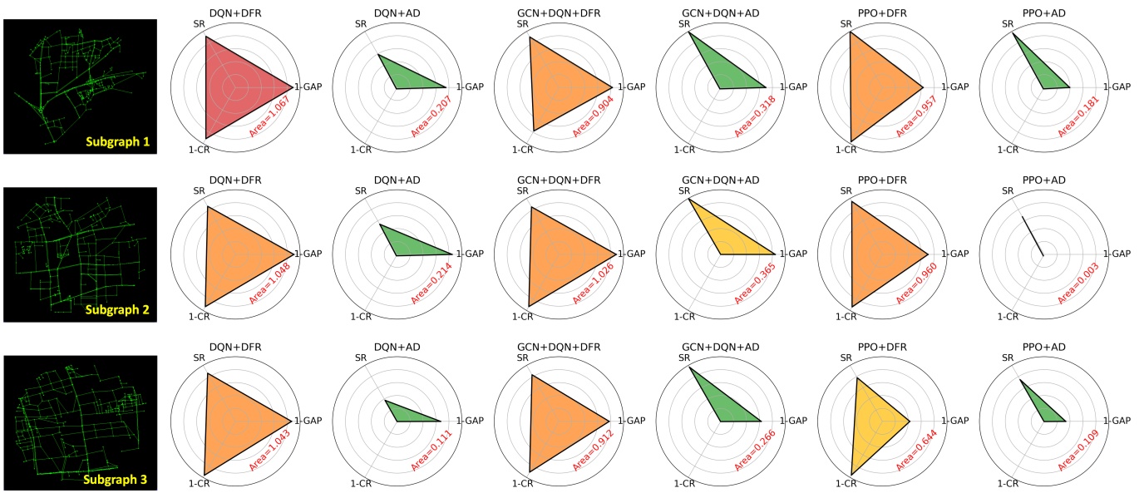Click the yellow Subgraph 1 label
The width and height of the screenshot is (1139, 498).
(116, 142)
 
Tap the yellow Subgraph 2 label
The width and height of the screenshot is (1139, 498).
(116, 309)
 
